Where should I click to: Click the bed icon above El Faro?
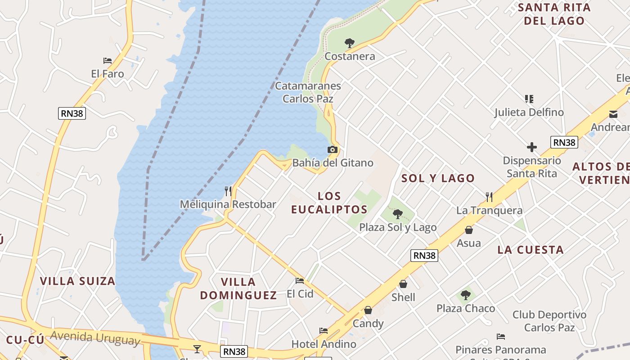[x=107, y=61]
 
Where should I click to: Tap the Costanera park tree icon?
[x=349, y=43]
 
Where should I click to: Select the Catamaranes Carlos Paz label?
[x=308, y=92]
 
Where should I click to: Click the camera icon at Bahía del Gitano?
[x=333, y=150]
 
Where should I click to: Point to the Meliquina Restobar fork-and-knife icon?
[x=228, y=191]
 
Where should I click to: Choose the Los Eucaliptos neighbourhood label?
[x=329, y=202]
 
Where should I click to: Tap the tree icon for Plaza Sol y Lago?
[x=397, y=214]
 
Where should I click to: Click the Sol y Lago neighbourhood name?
[x=438, y=178]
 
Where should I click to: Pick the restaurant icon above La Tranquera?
[x=489, y=197]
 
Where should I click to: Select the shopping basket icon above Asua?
[x=468, y=230]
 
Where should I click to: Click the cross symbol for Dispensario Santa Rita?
[x=532, y=147]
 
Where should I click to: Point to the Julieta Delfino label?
[x=529, y=112]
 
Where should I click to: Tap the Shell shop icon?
[x=403, y=284]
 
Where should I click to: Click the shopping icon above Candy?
[x=368, y=310]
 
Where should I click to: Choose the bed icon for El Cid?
[x=300, y=281]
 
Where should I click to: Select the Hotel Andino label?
[x=324, y=344]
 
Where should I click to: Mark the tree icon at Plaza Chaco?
[x=466, y=296]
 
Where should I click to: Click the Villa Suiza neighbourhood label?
[x=77, y=281]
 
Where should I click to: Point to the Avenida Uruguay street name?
[x=95, y=337]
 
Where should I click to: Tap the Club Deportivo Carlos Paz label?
[x=549, y=321]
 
